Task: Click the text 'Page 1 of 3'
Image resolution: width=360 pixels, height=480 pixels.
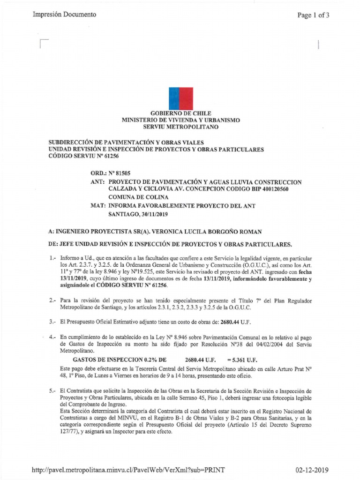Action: tap(314, 15)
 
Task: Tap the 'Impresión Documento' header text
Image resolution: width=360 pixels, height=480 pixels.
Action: tap(64, 15)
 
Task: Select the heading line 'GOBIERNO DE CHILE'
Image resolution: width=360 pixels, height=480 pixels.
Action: tap(180, 113)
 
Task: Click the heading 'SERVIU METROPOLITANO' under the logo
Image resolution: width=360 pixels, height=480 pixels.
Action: tap(180, 127)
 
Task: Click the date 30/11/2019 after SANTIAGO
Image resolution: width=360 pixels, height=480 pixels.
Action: tap(152, 214)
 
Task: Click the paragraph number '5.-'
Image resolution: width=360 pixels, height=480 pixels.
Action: tap(53, 390)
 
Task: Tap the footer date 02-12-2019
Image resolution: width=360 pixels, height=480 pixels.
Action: tap(313, 470)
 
